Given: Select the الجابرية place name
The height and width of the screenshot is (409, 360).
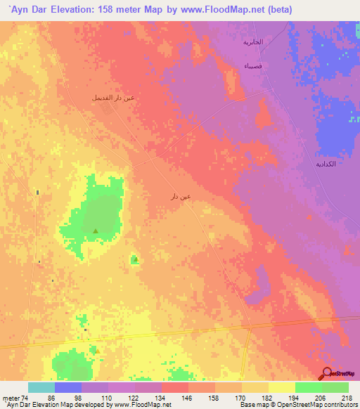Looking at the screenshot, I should [x=252, y=42].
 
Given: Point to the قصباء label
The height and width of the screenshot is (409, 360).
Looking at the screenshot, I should [x=251, y=65].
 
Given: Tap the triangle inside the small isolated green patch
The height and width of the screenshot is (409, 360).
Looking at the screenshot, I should [x=134, y=260].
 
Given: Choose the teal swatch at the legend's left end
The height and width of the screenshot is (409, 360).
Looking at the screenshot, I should [x=41, y=387].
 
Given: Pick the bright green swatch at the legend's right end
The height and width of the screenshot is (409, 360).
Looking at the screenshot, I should [x=335, y=387].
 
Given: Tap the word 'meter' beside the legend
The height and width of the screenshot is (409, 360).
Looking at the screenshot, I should [x=10, y=397].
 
